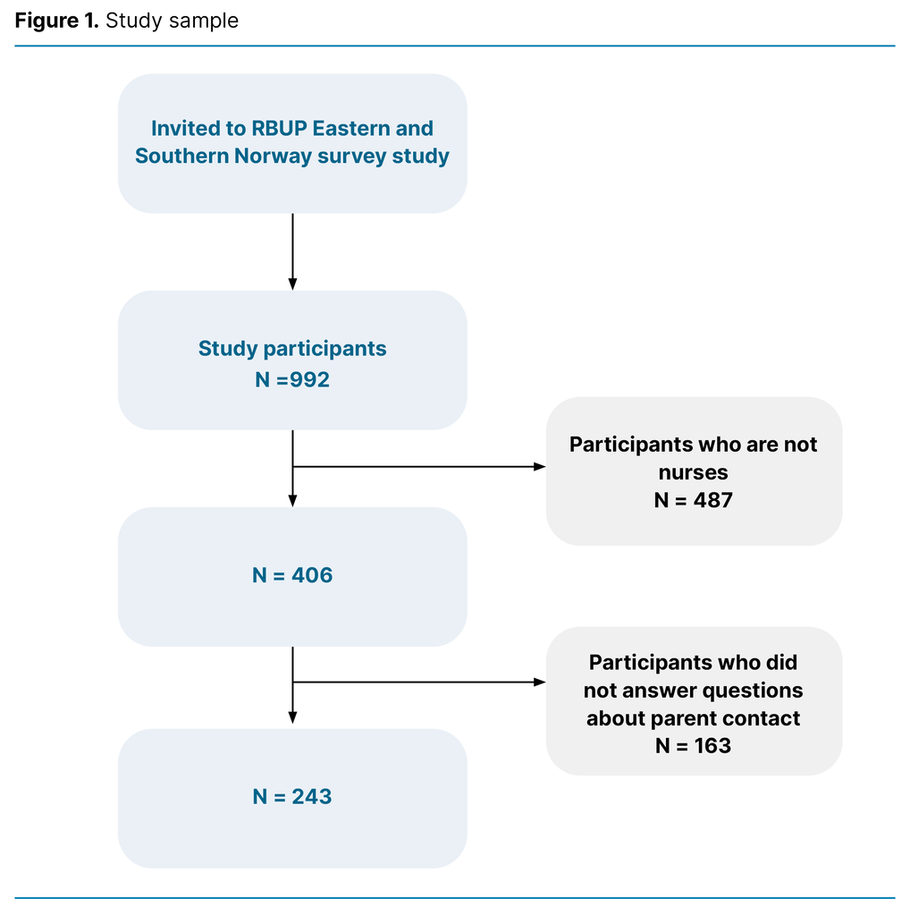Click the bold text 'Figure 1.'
[56, 21]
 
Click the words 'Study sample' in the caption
[172, 21]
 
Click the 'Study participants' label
[292, 349]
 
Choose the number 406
[312, 576]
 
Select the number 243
[312, 797]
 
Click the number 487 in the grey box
[712, 500]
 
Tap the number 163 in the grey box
[712, 745]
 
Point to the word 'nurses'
[694, 472]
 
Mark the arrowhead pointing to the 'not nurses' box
[539, 467]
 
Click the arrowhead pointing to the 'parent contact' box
[539, 683]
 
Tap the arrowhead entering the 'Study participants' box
[292, 284]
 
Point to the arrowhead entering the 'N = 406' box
[292, 501]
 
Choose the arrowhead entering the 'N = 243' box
[292, 717]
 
